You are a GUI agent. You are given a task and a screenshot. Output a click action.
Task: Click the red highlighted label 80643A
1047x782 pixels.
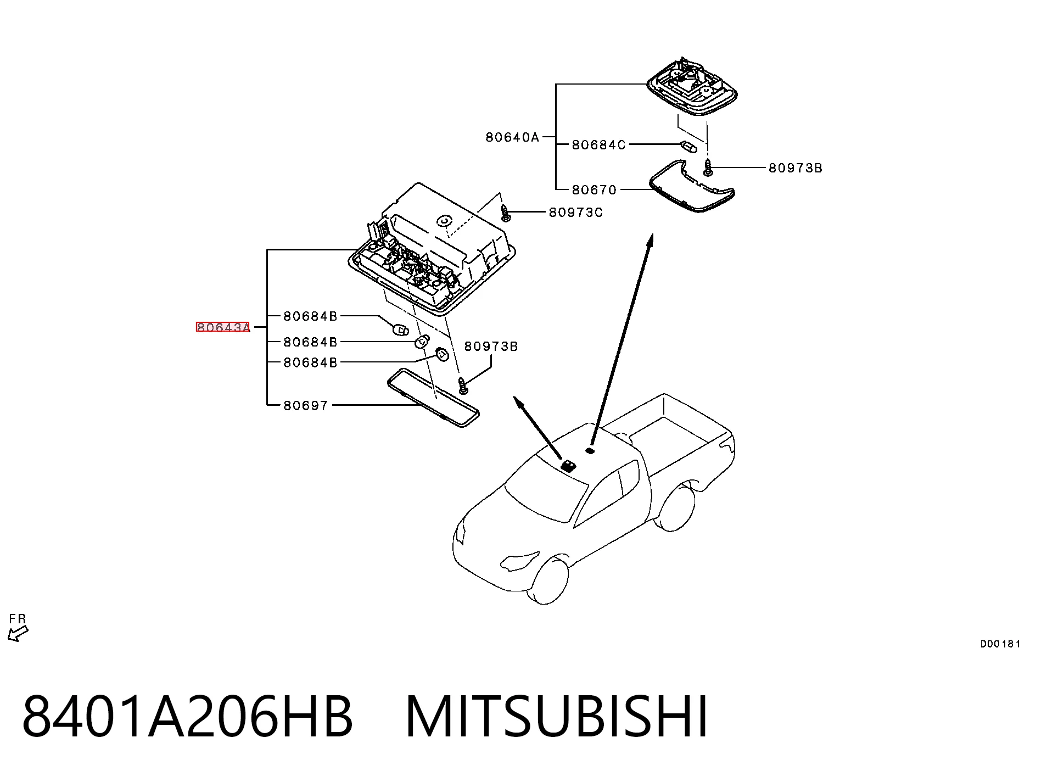(x=223, y=328)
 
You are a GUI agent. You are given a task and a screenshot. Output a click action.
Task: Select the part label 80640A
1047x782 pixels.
(x=513, y=137)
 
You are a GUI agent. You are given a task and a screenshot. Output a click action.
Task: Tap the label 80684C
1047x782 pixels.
(x=599, y=145)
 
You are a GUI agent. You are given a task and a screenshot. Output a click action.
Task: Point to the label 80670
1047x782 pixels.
(x=595, y=190)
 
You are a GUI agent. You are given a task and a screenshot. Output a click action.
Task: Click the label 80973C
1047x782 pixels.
(x=576, y=213)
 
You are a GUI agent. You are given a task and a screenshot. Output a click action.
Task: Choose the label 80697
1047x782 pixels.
(x=306, y=406)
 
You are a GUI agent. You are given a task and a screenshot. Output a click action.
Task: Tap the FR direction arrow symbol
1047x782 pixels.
(x=18, y=634)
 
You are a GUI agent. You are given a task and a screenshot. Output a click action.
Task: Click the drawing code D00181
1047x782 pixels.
(x=1000, y=644)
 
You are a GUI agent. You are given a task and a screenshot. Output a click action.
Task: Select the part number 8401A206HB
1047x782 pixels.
(x=187, y=717)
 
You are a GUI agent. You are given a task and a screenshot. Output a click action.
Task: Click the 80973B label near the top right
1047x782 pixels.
(x=796, y=168)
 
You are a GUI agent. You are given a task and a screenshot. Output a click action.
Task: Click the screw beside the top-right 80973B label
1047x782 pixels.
(x=708, y=167)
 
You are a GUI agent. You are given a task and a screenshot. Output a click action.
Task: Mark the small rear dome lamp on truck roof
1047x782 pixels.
(x=591, y=451)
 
